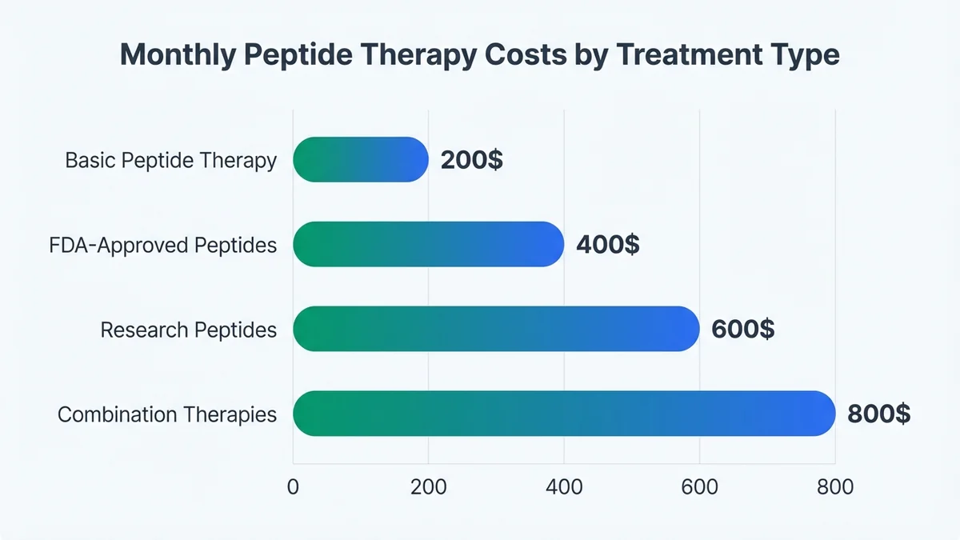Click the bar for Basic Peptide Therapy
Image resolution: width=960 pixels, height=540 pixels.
(361, 160)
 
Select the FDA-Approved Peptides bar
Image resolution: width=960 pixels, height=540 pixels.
(429, 244)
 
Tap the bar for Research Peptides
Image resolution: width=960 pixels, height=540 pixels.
(496, 329)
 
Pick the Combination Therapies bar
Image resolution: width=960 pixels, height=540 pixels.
(564, 414)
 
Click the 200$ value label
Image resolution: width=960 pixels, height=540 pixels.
(472, 160)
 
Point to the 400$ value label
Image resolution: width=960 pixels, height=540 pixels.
(608, 244)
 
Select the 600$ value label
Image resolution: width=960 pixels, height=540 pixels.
(743, 329)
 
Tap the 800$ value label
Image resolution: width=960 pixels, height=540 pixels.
(878, 414)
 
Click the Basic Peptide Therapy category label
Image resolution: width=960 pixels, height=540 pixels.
(170, 161)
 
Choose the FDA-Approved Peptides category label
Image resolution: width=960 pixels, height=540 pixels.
(162, 245)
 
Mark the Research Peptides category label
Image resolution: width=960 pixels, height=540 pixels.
(188, 330)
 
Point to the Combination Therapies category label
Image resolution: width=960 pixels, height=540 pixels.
(167, 414)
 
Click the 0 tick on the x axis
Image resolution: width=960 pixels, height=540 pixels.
(293, 486)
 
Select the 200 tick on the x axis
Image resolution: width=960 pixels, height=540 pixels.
(428, 486)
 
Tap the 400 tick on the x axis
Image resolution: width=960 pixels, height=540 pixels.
(564, 486)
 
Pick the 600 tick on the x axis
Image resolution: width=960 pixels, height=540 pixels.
(699, 486)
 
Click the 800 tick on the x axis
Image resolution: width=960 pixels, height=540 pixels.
(834, 486)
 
